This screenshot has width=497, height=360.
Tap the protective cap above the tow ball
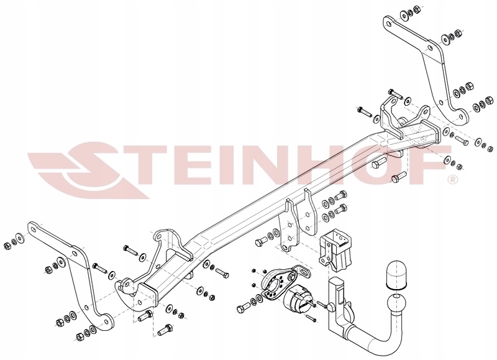point(396,275)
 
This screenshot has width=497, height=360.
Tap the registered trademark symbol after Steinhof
point(452,180)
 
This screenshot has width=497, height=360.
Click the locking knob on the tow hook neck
point(331,307)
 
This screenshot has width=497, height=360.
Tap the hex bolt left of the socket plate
point(244,307)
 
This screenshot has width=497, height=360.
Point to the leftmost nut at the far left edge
point(7,246)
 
